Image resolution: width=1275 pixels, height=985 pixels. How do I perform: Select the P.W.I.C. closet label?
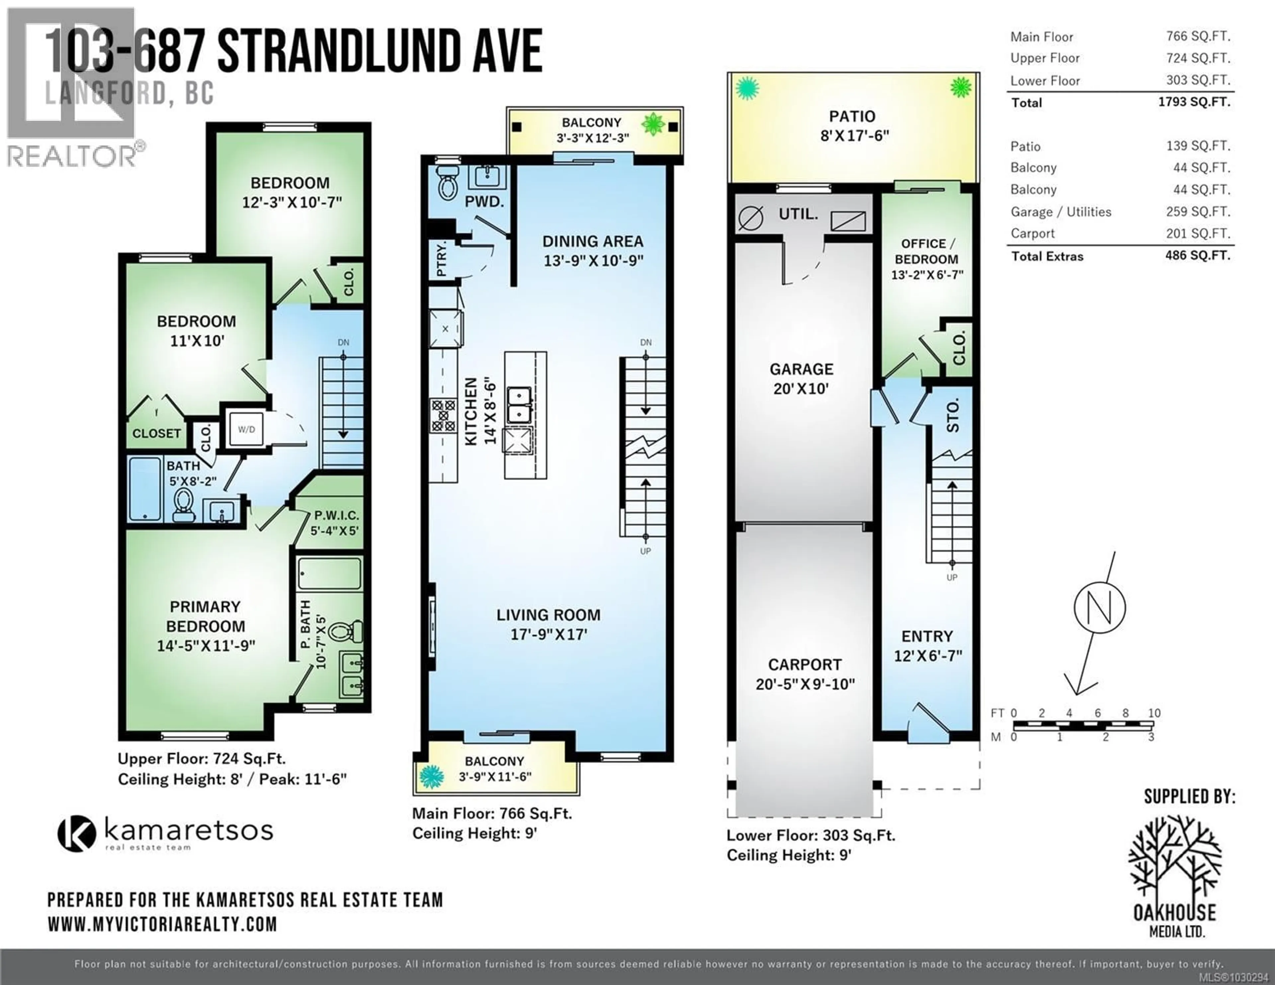click(x=336, y=516)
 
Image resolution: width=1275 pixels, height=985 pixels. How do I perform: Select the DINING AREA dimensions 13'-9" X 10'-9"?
click(x=593, y=260)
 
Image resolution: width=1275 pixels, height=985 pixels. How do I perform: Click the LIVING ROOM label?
click(x=548, y=615)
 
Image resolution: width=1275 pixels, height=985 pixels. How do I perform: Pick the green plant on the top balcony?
click(x=653, y=124)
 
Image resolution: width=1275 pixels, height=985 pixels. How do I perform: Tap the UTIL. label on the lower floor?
click(x=798, y=214)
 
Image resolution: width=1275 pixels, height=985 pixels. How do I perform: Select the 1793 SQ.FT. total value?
click(x=1194, y=102)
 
